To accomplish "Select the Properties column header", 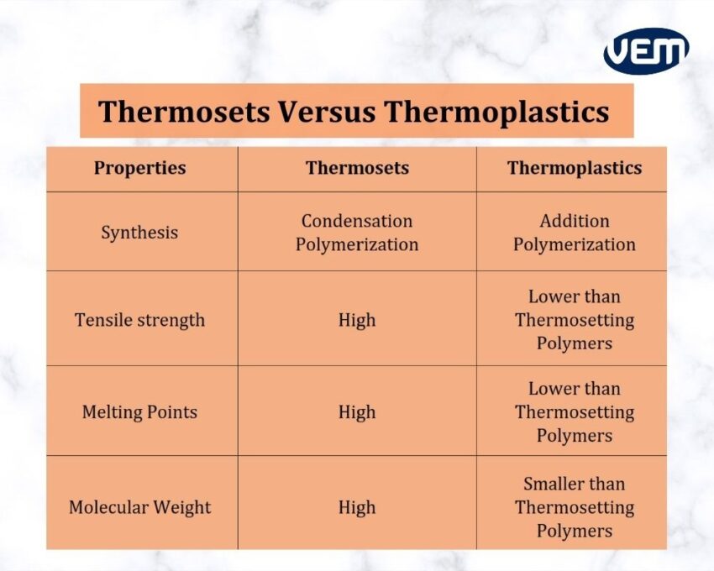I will point(139,168).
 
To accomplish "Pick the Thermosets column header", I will point(357,168).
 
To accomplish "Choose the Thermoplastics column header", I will point(574,168).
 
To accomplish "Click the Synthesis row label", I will point(139,233).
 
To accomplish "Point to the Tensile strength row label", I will point(139,320).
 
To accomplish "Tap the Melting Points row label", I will point(139,412).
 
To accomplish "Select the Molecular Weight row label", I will point(139,507).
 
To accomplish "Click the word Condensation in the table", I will point(357,221).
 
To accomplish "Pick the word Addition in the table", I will point(575,221).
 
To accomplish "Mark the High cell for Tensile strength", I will point(357,320).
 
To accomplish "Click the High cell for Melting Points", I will point(357,412).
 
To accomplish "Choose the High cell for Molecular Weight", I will point(357,507).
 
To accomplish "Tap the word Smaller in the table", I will point(550,484).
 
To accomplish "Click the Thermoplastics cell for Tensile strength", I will point(575,320).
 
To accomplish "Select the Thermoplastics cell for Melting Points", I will point(575,412).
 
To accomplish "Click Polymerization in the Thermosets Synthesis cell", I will point(357,244).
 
